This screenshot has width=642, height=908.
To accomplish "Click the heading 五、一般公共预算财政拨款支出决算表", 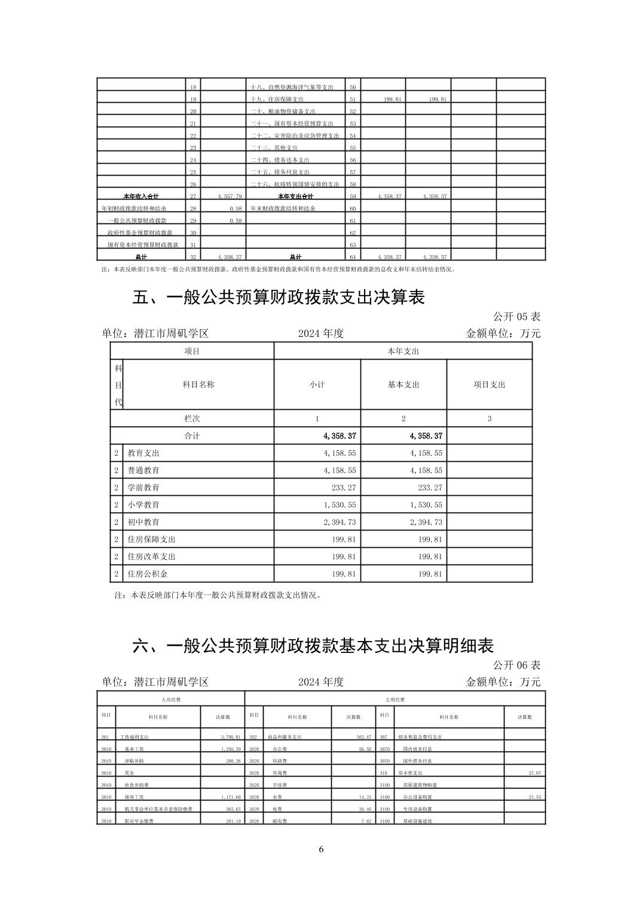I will pos(278,297).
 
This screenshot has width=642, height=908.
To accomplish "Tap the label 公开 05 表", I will pos(516,317).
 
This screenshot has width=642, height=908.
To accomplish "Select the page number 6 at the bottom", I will pos(321,849).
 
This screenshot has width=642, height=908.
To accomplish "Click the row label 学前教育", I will pos(143,487).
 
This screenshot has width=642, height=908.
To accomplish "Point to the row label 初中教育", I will pos(143,522).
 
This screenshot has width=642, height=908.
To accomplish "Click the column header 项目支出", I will pos(489,385).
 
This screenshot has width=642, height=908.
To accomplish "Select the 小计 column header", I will pos(317,385).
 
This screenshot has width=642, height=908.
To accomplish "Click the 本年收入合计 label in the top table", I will pos(141,196).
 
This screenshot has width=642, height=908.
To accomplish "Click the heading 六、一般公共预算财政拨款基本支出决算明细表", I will pos(313,646).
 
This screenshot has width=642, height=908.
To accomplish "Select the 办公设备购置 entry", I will pos(417,797).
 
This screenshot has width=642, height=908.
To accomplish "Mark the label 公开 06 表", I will pos(516,665).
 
